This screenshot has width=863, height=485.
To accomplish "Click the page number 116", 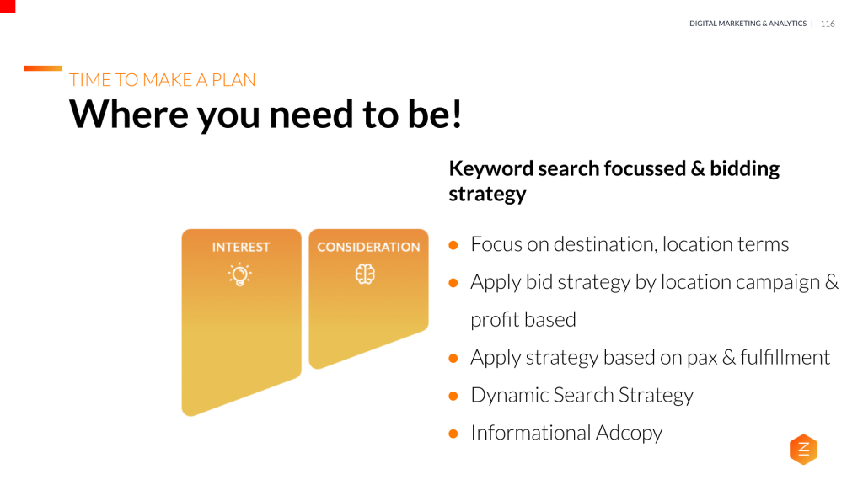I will (827, 24).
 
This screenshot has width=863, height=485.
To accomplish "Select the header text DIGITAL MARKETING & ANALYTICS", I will (748, 24).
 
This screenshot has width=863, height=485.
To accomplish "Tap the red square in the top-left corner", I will (8, 7).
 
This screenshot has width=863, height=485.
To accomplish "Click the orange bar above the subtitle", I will (43, 68).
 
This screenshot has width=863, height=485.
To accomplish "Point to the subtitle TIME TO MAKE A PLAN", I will (162, 80).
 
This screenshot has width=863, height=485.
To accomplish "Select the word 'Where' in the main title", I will (126, 114).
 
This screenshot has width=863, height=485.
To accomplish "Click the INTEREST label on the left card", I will (241, 247).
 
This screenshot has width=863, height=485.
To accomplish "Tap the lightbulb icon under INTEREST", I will (241, 274).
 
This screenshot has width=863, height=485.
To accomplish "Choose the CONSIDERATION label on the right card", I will (367, 247).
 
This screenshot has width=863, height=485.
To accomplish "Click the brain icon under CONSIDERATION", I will (365, 274).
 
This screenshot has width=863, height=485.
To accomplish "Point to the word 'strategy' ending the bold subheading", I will (487, 194).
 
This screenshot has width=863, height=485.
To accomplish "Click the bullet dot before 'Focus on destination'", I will (453, 245).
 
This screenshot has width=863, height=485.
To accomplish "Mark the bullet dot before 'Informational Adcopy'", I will (453, 434).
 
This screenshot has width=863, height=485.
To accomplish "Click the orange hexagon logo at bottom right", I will (803, 450).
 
